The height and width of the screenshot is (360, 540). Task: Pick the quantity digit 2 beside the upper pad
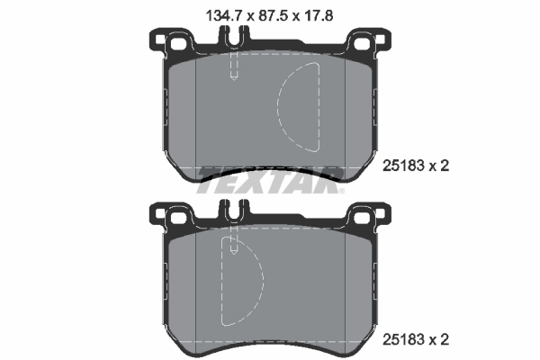click(x=443, y=165)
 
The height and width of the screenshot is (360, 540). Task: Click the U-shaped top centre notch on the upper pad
click(x=234, y=39)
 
